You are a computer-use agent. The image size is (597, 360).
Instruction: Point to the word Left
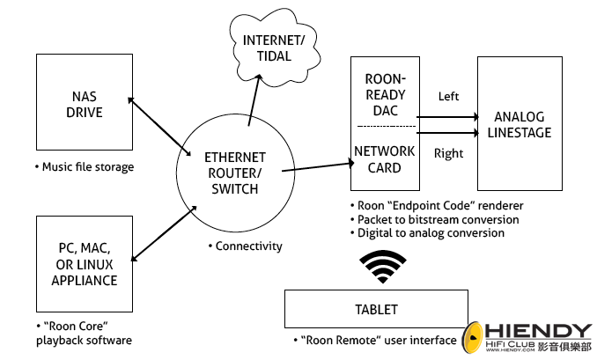449,96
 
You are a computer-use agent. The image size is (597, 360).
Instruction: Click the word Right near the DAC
449,153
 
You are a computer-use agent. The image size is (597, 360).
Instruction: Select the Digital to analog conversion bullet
431,233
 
